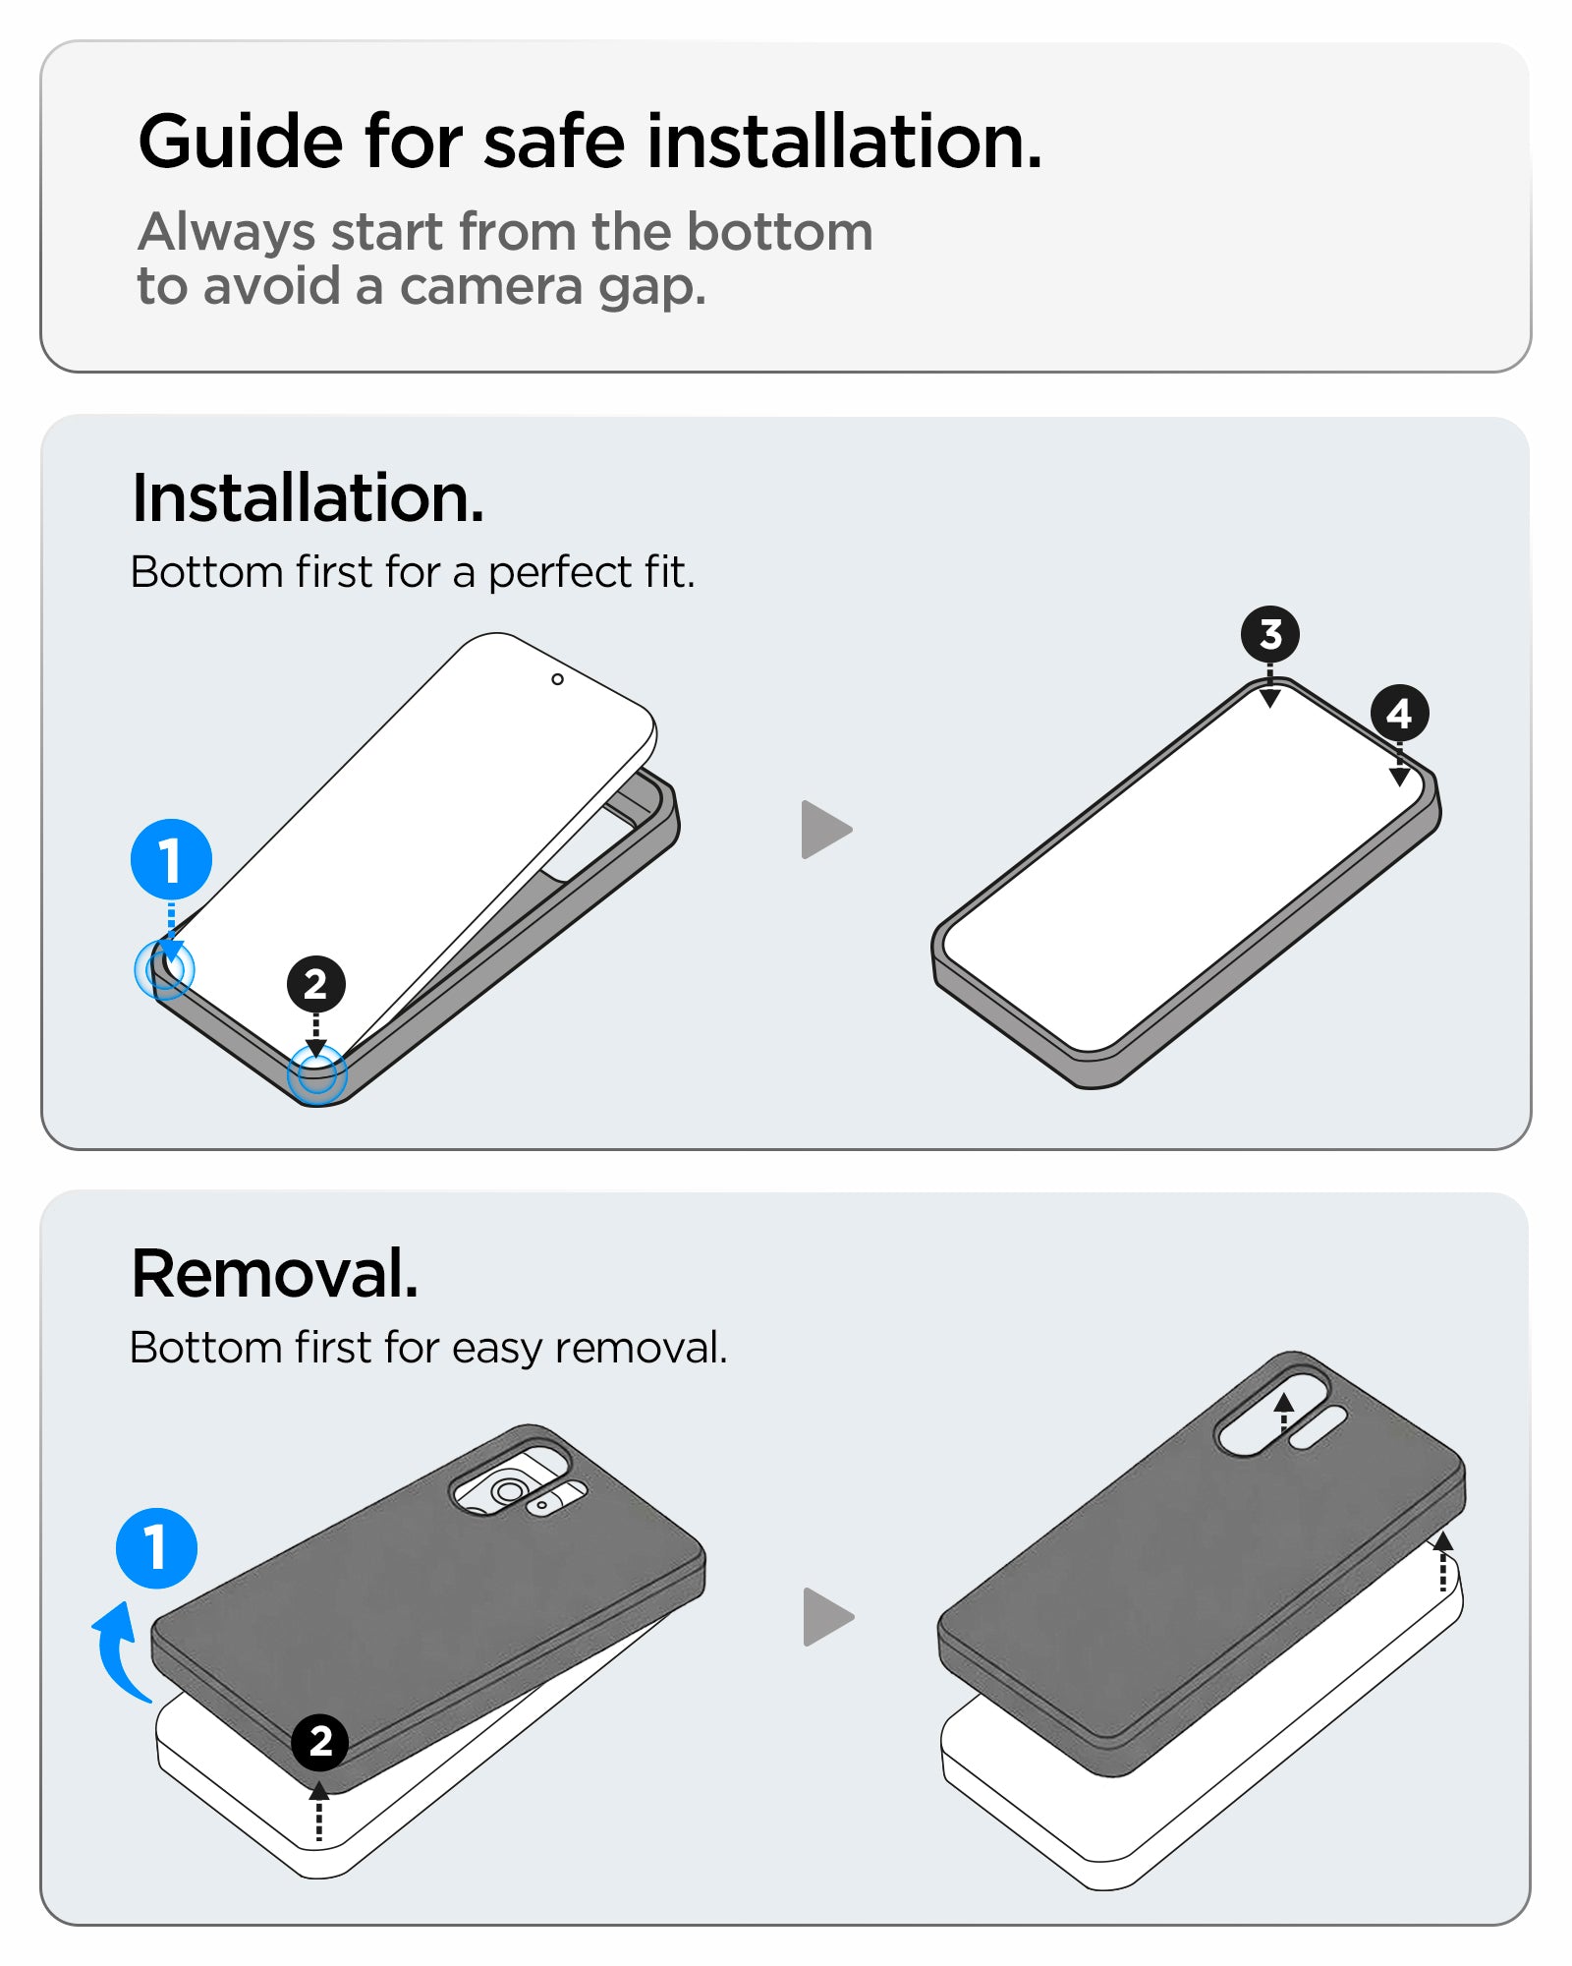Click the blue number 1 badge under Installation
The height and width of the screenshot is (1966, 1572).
point(171,859)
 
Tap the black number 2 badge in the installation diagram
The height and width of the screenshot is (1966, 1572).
point(315,984)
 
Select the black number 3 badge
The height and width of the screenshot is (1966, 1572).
point(1269,634)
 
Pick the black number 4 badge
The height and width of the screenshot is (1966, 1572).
point(1399,713)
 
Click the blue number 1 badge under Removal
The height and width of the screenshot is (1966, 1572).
point(156,1548)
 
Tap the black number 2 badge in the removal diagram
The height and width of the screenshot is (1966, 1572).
point(319,1742)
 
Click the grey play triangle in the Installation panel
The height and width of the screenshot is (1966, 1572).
point(824,830)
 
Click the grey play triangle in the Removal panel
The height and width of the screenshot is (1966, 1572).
point(826,1616)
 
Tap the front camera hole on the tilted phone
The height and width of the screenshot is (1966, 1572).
point(557,679)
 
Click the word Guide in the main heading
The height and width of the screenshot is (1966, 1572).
point(240,143)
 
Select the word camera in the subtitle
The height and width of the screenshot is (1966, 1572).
point(491,287)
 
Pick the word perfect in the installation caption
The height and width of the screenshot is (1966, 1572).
point(559,572)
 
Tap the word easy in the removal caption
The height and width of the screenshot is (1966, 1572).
point(498,1348)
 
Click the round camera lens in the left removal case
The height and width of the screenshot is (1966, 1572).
point(508,1491)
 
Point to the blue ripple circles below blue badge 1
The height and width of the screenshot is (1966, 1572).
point(164,970)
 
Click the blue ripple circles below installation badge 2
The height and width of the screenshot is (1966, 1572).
point(316,1074)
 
